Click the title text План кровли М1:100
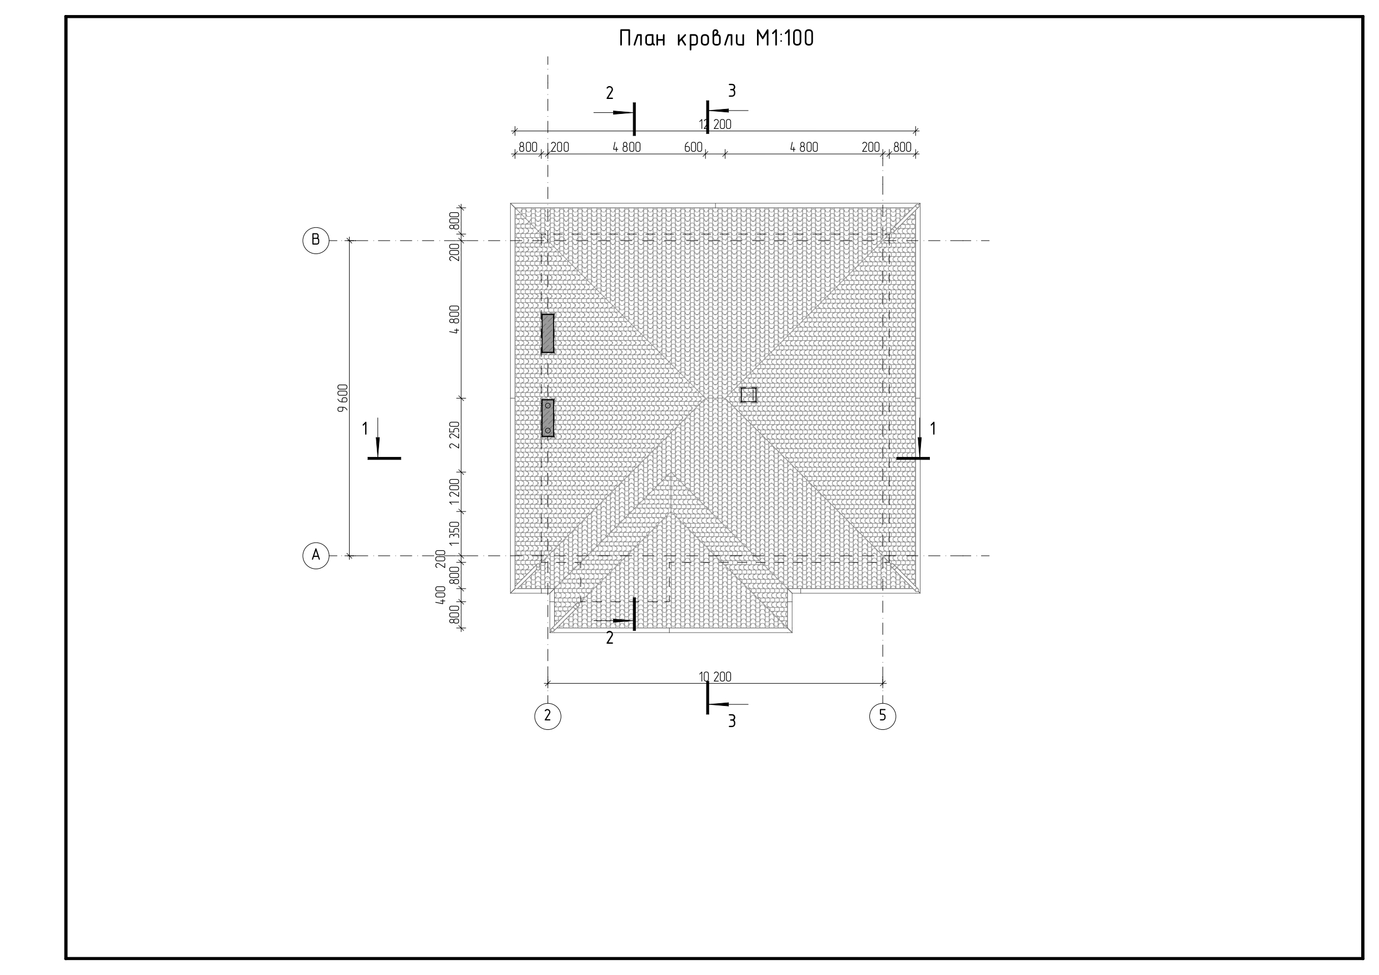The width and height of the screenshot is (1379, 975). [716, 38]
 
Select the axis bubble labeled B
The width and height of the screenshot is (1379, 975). [315, 240]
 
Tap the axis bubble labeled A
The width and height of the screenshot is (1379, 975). [315, 556]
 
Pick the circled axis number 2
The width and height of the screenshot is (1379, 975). [547, 716]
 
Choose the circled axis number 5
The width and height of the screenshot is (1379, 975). [882, 716]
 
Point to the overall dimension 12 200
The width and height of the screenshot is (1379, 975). [715, 125]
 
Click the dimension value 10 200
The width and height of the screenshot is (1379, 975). [715, 677]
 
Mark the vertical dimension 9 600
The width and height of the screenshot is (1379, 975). [342, 397]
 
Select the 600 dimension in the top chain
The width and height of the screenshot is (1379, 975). [693, 147]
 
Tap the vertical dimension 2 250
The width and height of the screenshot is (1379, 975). [455, 434]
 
